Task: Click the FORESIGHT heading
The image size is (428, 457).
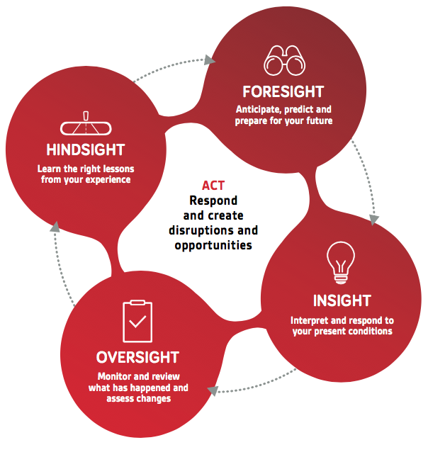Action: (x=283, y=91)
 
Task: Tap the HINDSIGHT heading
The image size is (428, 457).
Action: (x=86, y=149)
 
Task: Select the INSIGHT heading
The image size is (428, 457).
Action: (x=342, y=300)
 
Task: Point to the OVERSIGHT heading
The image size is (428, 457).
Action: (x=137, y=357)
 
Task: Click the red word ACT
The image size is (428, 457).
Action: (x=213, y=186)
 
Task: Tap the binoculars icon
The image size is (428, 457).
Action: (x=284, y=60)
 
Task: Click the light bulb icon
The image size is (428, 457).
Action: (x=341, y=263)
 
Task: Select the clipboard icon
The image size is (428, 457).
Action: (x=137, y=321)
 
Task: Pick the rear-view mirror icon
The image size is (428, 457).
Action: (x=86, y=123)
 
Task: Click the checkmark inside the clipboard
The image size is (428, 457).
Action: (x=137, y=322)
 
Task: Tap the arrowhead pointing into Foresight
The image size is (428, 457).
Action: (x=209, y=60)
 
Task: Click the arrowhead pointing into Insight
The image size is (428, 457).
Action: (x=373, y=220)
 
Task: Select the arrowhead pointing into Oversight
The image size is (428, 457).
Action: (x=213, y=390)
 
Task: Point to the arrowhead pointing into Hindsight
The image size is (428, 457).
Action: (x=55, y=227)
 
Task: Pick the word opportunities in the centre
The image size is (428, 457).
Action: (x=213, y=245)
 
